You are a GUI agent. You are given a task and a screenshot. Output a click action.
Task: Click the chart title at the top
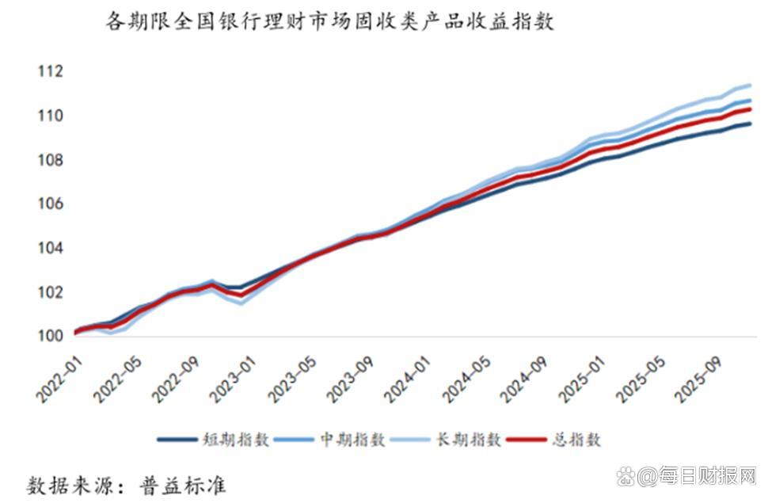[330, 21]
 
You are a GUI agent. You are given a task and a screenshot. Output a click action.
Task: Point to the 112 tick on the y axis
[49, 72]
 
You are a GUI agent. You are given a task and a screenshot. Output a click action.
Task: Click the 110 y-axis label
[49, 116]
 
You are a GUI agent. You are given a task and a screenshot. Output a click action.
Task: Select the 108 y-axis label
[49, 161]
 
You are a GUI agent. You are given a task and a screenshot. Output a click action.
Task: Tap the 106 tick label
[49, 204]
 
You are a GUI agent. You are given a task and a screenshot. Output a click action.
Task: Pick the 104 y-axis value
[49, 249]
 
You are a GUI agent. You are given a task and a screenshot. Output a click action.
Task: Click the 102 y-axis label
[49, 292]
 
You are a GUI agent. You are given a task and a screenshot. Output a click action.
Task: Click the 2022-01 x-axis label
[57, 375]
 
